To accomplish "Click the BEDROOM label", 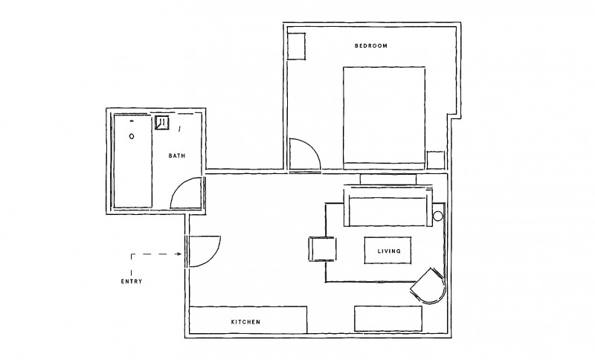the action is pyautogui.click(x=371, y=46).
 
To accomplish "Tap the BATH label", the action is pyautogui.click(x=177, y=155).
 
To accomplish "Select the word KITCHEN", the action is pyautogui.click(x=246, y=322).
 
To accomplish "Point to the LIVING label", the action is pyautogui.click(x=389, y=251).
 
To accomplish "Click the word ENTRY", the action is pyautogui.click(x=132, y=281).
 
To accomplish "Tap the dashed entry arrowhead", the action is pyautogui.click(x=179, y=254).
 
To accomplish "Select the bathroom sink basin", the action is pyautogui.click(x=162, y=123).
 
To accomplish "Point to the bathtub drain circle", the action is pyautogui.click(x=132, y=136).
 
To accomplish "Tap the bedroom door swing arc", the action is pyautogui.click(x=313, y=148).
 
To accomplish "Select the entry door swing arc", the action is pyautogui.click(x=213, y=257).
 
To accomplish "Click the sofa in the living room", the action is pyautogui.click(x=388, y=207).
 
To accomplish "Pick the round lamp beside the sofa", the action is pyautogui.click(x=438, y=216).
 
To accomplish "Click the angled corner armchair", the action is pyautogui.click(x=429, y=286).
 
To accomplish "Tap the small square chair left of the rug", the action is pyautogui.click(x=322, y=249).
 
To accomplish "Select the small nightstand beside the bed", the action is pyautogui.click(x=436, y=160).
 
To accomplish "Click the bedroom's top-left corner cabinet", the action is pyautogui.click(x=296, y=46).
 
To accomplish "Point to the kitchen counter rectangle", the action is pyautogui.click(x=248, y=320).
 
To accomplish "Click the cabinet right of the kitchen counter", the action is pyautogui.click(x=388, y=318).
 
